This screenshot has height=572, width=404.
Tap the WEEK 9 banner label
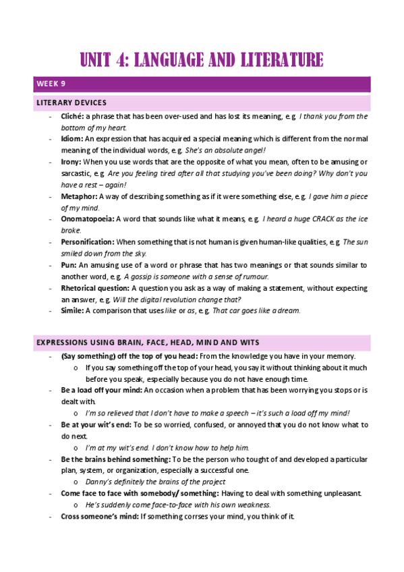pos(51,84)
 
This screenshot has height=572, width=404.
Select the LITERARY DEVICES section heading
pos(71,103)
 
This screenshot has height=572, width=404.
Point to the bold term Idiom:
pos(72,138)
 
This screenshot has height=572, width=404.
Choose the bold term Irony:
pos(71,162)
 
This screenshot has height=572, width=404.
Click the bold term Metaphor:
pos(79,196)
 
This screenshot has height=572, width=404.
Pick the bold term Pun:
pos(69,265)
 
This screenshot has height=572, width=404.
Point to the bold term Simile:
pos(74,310)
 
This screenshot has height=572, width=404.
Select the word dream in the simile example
pos(288,310)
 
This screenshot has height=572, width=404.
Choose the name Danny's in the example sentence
pos(99,482)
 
